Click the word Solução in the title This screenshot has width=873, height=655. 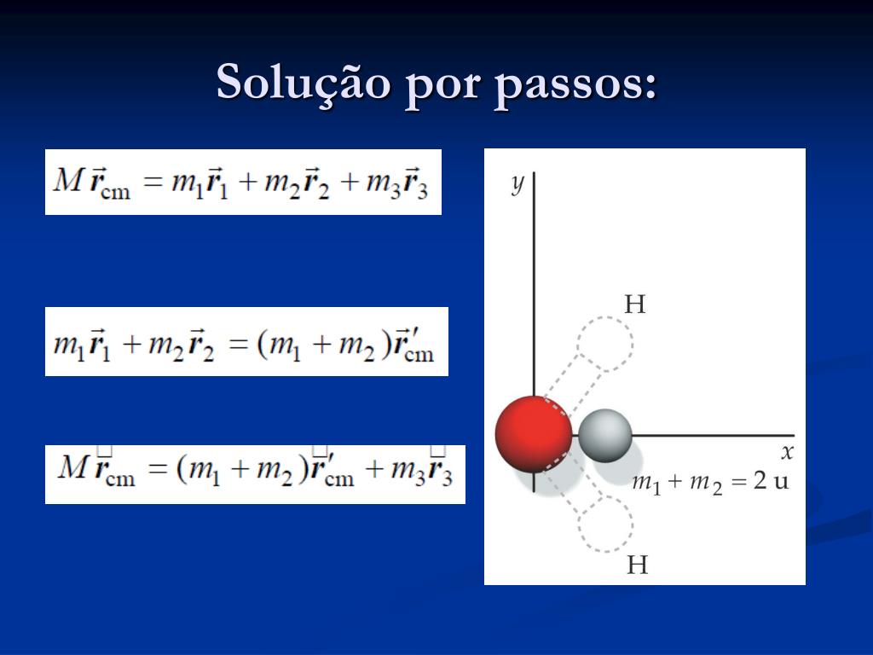point(304,84)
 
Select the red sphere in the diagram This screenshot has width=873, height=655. point(534,434)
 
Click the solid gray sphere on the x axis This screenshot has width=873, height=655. point(604,435)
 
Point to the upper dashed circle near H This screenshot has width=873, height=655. point(605,343)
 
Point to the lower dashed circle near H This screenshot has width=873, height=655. point(606,524)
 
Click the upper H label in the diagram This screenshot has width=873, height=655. point(634,304)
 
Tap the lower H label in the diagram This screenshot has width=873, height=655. point(637,565)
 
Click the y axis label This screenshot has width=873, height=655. point(517,183)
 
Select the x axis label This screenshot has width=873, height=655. point(787,452)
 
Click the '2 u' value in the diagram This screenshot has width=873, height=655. point(771,480)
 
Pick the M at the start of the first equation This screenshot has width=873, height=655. point(68,180)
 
